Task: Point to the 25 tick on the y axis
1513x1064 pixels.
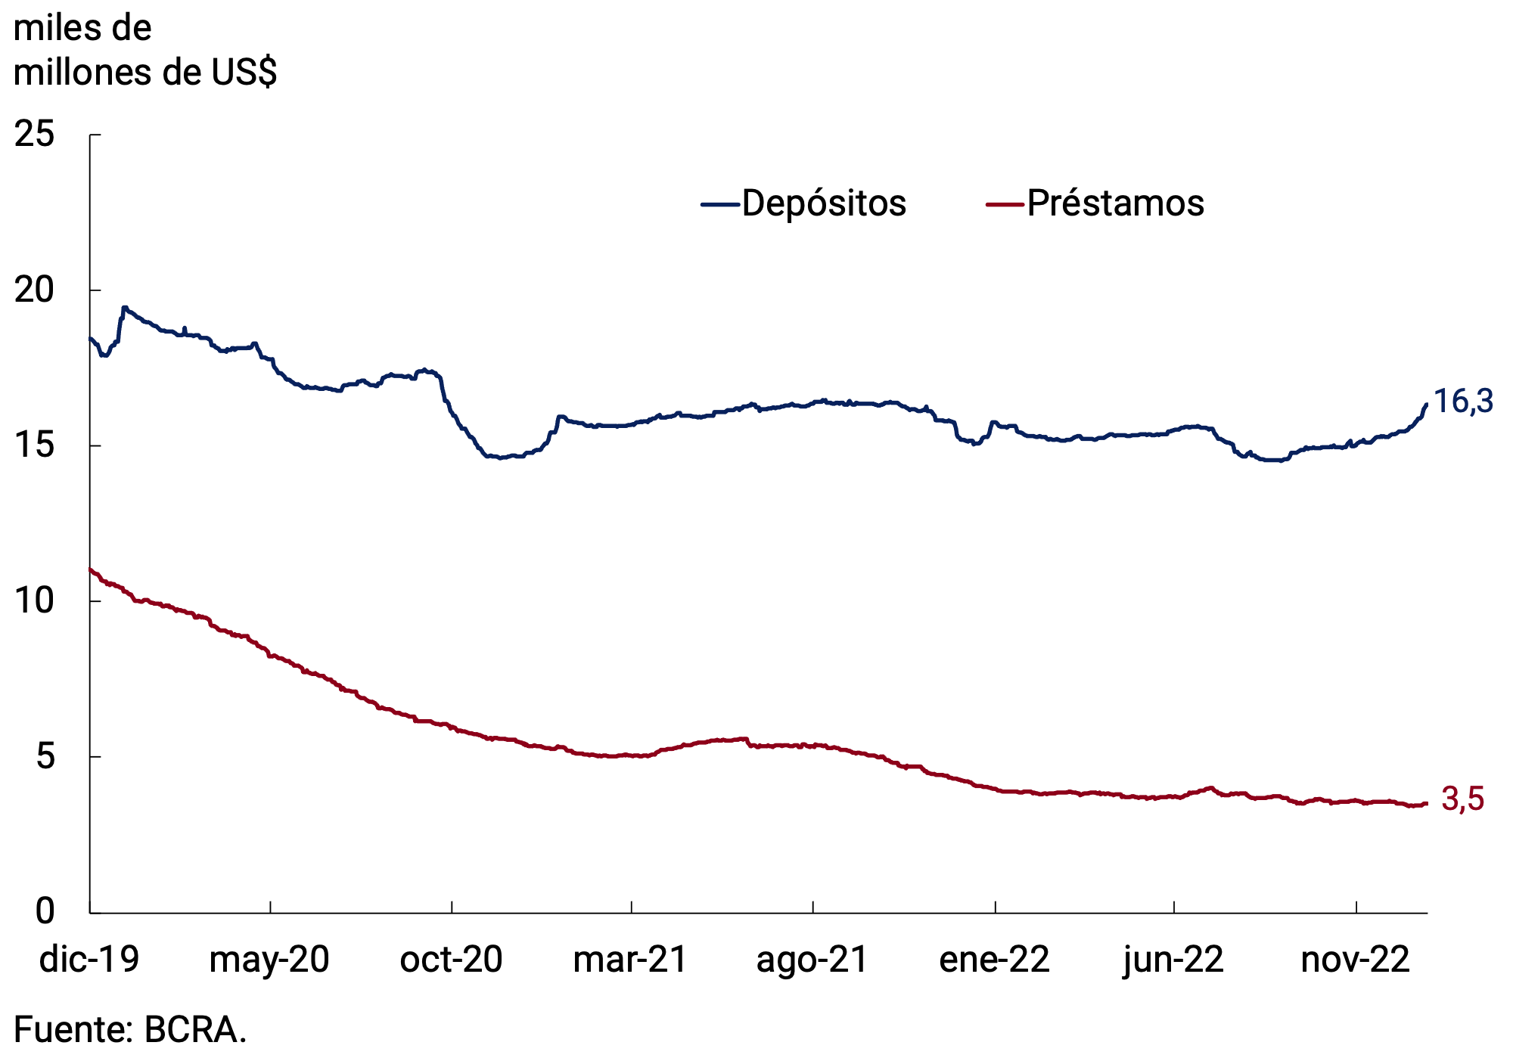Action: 35,135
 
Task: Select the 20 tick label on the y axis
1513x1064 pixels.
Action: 35,290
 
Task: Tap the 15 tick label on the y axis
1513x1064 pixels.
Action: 35,445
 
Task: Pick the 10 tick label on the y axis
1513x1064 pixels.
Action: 35,601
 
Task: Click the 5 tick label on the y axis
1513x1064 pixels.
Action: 45,756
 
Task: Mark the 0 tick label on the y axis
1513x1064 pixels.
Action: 45,911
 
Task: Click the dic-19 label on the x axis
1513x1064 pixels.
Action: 89,960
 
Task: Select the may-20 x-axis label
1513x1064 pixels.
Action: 269,960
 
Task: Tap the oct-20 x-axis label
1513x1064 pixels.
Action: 451,960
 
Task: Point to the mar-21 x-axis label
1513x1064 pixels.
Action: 630,960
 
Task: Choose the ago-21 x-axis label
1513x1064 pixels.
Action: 812,960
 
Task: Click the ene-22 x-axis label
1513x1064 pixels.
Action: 994,960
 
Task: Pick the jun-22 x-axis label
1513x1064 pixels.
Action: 1173,960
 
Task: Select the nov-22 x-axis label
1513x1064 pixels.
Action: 1355,960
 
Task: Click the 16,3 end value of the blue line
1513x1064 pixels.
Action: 1463,402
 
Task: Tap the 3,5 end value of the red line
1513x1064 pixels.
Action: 1462,799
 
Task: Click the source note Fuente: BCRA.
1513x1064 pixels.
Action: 130,1030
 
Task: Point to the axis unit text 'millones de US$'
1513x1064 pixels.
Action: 145,73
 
